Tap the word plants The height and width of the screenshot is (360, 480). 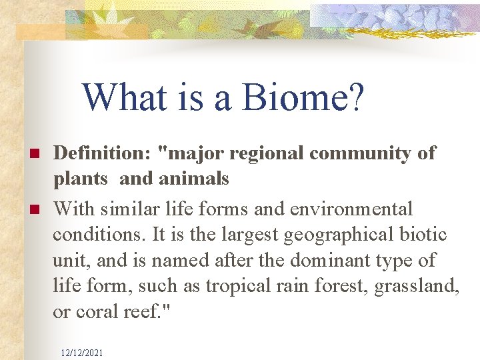point(80,179)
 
